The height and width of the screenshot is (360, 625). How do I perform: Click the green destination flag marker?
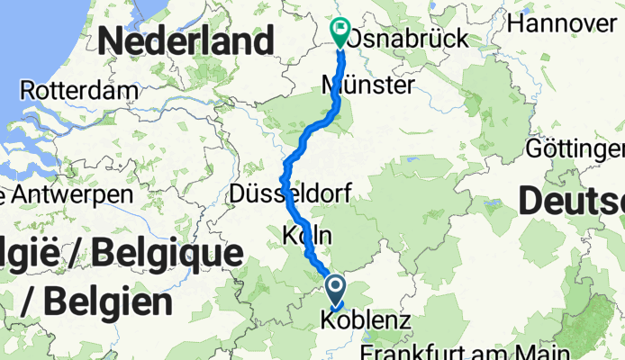[x=341, y=32]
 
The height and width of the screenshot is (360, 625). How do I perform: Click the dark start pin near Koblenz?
[x=335, y=290]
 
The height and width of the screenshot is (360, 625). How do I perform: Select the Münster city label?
[x=368, y=85]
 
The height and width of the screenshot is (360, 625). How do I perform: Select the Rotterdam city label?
[x=78, y=91]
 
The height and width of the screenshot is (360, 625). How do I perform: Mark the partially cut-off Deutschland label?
[x=571, y=203]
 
